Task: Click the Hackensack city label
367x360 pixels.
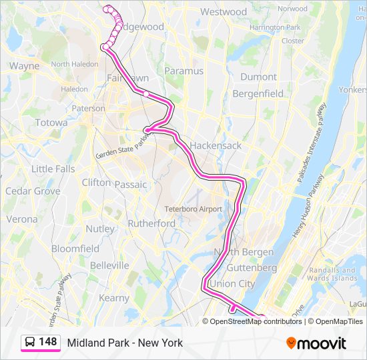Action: click(x=215, y=145)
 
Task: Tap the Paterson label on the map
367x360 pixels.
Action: click(x=88, y=108)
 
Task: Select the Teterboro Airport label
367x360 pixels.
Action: click(x=193, y=209)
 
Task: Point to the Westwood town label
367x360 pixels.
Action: click(x=224, y=12)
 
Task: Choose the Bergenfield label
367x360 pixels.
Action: click(x=258, y=94)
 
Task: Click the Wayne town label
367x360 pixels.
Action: click(x=24, y=66)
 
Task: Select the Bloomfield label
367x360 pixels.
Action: click(x=75, y=249)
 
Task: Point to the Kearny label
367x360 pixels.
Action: click(x=113, y=298)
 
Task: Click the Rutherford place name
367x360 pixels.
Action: click(x=151, y=223)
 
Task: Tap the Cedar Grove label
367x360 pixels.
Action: click(x=33, y=191)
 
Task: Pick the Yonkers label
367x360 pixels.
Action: click(x=352, y=89)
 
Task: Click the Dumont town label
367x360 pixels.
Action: click(x=258, y=77)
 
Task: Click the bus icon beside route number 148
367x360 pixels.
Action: click(x=30, y=342)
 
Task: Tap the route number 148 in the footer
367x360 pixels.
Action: click(x=48, y=342)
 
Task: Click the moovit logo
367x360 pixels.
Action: click(x=316, y=343)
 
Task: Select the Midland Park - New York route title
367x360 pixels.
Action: click(x=125, y=343)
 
